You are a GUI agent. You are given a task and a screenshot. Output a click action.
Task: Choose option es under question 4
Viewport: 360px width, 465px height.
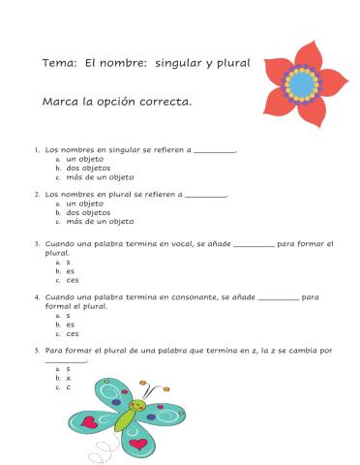(x=71, y=324)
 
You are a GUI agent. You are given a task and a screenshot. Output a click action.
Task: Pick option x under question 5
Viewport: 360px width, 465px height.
(x=69, y=377)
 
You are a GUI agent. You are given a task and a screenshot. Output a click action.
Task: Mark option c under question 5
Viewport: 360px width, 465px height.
(x=69, y=387)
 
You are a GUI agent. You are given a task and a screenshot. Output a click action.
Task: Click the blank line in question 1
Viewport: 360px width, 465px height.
(x=215, y=150)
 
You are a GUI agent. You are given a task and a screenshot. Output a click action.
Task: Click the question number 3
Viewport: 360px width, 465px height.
(x=36, y=245)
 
